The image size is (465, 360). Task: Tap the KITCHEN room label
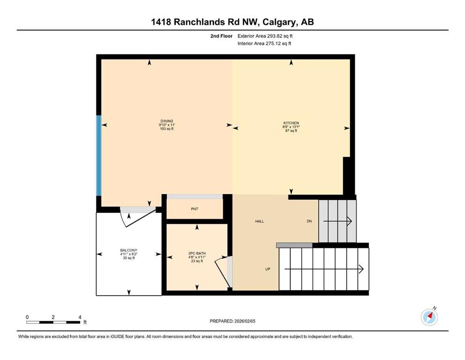291,123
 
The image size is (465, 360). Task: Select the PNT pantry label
194,209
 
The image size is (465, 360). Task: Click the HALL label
259,221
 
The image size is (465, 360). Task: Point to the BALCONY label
129,250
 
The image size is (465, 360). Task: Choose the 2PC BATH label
197,254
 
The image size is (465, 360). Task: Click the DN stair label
309,221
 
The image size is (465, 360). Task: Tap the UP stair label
267,269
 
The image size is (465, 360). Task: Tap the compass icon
429,317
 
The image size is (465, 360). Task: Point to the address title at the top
232,22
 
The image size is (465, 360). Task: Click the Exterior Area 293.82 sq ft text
265,36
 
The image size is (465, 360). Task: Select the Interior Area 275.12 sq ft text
265,44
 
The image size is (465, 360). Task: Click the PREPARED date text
233,321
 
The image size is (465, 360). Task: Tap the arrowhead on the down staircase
349,221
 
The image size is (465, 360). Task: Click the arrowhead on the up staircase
361,269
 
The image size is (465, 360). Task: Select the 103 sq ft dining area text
167,129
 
